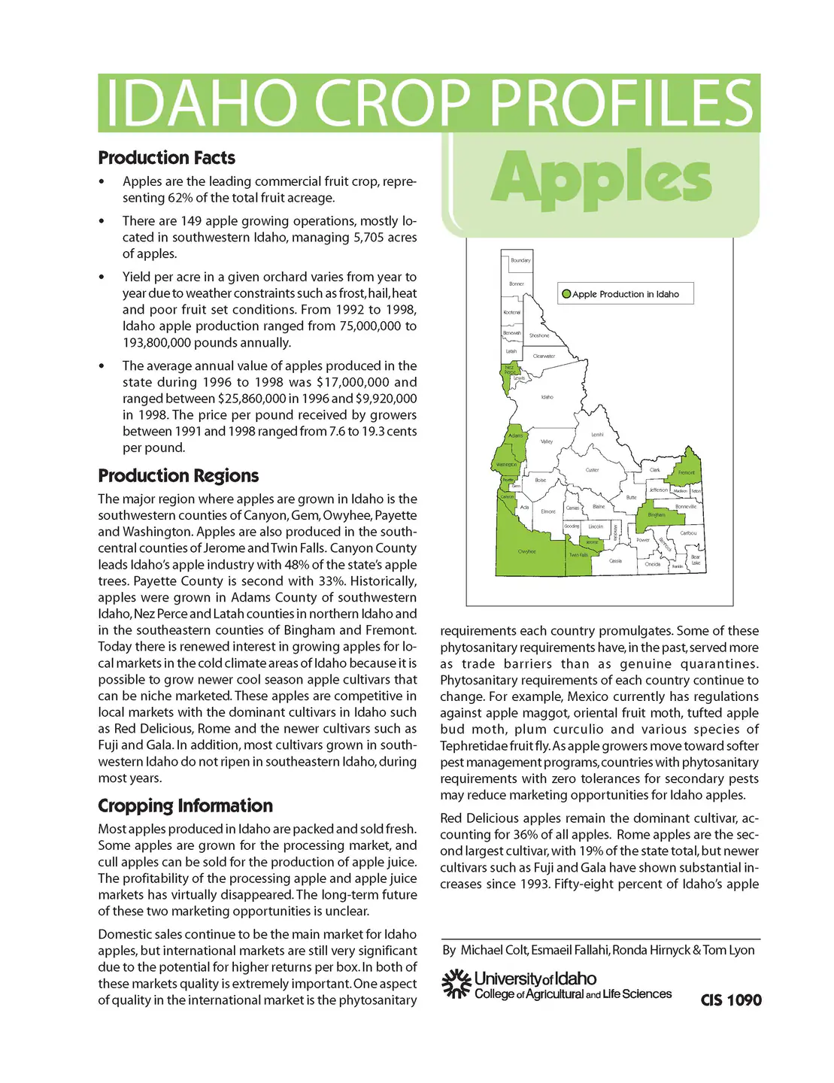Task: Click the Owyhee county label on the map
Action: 526,551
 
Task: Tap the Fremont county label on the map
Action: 687,472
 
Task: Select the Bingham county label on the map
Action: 657,515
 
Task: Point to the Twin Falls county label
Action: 578,555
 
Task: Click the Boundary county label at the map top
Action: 520,260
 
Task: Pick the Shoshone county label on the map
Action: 539,335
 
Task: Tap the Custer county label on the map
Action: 592,470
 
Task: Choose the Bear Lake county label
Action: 696,560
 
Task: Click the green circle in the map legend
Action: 566,294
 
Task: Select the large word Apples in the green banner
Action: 601,179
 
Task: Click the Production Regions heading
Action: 178,475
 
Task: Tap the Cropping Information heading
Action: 185,805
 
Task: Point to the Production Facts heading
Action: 166,158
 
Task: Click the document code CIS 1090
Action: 731,1000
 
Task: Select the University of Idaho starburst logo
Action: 455,984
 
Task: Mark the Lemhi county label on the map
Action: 597,435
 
